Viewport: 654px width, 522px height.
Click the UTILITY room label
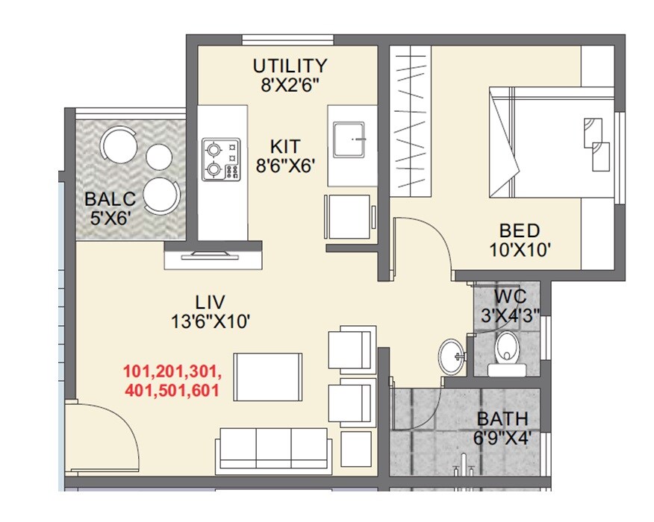(290, 65)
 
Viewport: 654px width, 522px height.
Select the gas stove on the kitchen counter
(221, 160)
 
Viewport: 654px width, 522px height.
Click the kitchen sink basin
(352, 139)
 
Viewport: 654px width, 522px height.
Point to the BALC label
(110, 199)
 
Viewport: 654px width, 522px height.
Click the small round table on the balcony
(159, 156)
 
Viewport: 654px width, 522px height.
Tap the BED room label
(520, 230)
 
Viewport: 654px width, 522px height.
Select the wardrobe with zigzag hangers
(409, 122)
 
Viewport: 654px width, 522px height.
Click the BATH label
(502, 418)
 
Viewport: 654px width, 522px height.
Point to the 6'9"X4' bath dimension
(502, 438)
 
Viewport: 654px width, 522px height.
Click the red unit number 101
(138, 371)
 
